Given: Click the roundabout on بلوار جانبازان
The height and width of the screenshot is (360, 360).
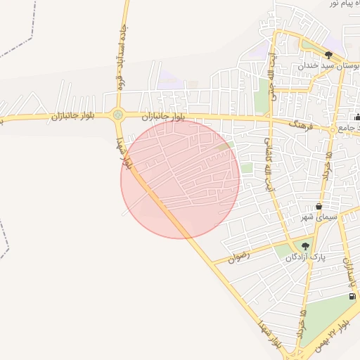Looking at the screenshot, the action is tap(117, 115).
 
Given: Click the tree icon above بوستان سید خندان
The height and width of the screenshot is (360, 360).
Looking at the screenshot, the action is tap(328, 54).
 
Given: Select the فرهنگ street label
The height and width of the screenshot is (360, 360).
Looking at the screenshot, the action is tap(302, 124).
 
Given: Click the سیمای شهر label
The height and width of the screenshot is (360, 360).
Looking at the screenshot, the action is tap(320, 217).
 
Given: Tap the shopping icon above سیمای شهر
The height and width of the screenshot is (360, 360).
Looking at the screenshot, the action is tap(320, 207).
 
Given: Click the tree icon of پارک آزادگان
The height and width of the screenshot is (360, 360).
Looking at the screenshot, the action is tap(305, 246).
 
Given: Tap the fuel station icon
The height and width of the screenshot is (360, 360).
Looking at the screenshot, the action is tap(352, 297).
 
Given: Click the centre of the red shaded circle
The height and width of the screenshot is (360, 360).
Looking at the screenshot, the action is tap(180, 179).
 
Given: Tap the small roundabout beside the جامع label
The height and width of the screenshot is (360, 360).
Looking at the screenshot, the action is tap(333, 129).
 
